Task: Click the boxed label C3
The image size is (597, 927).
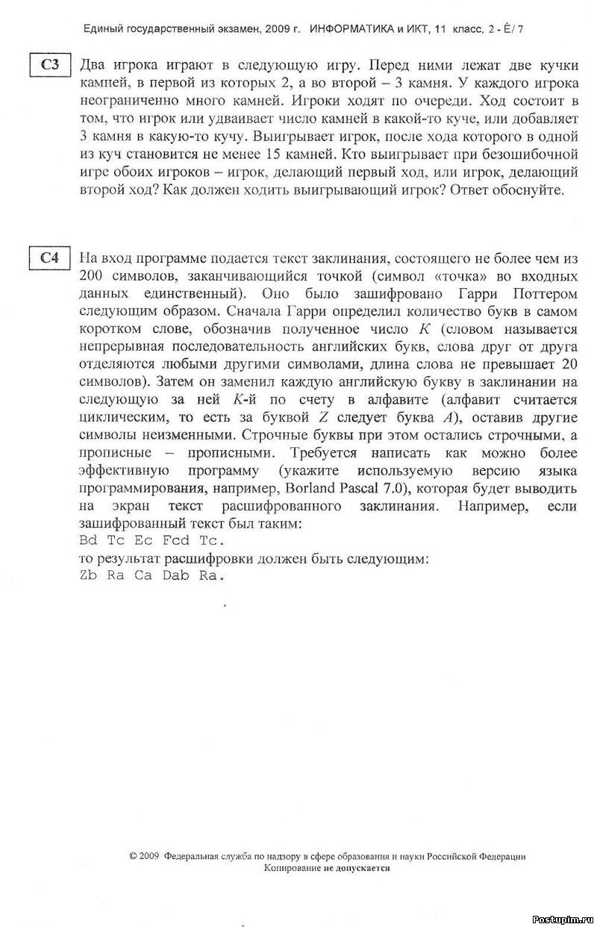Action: pos(50,64)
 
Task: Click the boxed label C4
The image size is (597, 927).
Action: pos(50,258)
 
